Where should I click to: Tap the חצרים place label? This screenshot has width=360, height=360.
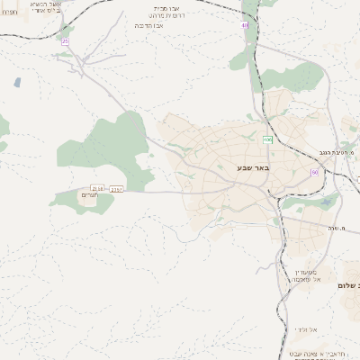tap(89, 195)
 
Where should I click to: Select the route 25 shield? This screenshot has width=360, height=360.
tap(65, 41)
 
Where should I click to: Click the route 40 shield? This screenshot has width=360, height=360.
tap(245, 25)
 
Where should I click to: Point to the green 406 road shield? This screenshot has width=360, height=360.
tap(267, 139)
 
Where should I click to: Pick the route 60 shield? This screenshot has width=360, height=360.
tap(315, 172)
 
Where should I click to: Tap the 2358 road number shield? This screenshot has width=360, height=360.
tap(98, 188)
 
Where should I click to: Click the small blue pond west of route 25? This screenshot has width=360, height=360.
tap(17, 82)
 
